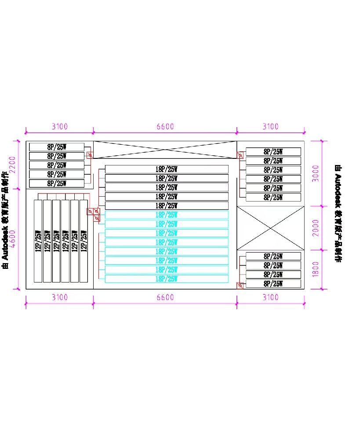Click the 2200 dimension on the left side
[x=13, y=165]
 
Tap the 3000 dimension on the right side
[x=315, y=173]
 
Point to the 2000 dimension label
[x=315, y=228]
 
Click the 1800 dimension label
[x=315, y=269]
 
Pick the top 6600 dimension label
[x=165, y=127]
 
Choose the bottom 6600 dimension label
[x=165, y=297]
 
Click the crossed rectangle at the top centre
[x=165, y=150]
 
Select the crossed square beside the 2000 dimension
[x=270, y=228]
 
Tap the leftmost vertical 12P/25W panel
[x=38, y=241]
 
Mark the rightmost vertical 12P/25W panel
[x=84, y=241]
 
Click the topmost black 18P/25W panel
[x=167, y=169]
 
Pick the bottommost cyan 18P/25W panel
[x=167, y=279]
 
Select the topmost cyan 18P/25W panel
[x=167, y=215]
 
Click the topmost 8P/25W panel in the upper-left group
[x=56, y=147]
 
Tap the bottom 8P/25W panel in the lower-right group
[x=273, y=284]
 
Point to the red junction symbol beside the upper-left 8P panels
[x=90, y=155]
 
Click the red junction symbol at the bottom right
[x=240, y=286]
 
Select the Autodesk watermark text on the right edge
[x=338, y=213]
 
